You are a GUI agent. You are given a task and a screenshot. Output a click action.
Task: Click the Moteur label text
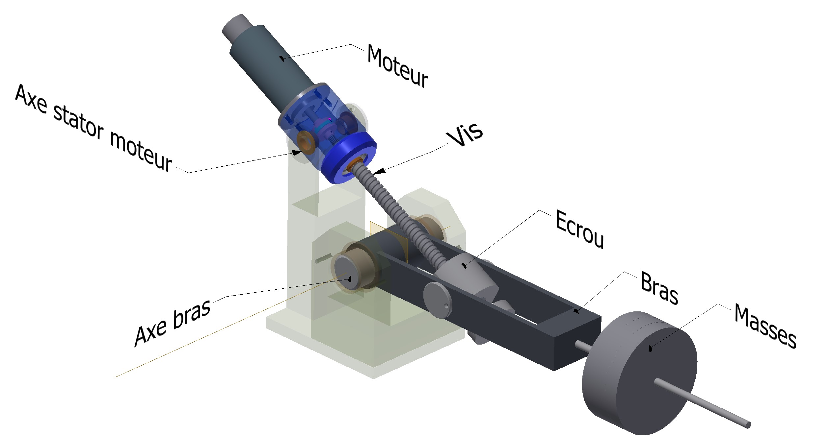coord(397,66)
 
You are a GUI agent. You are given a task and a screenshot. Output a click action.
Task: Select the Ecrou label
coord(579,230)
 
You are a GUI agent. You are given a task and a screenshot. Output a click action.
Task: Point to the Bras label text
coord(659,288)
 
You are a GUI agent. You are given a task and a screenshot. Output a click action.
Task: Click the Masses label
coord(765,326)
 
